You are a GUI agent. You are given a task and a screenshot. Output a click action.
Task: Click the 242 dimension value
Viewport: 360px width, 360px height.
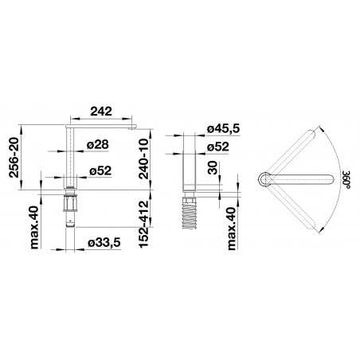(101, 112)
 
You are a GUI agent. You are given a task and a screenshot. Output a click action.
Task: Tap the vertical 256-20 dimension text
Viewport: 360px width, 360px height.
(14, 158)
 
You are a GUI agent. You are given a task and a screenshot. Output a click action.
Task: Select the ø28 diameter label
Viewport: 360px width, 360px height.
(98, 145)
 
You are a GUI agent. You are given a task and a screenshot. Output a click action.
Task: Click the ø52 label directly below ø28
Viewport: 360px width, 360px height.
(100, 170)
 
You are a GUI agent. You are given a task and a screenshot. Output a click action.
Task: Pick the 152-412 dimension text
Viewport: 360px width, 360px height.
(144, 225)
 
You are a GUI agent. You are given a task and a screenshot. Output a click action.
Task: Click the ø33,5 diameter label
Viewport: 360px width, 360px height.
(104, 242)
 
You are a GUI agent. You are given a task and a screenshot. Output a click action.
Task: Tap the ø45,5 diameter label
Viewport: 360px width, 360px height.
(224, 129)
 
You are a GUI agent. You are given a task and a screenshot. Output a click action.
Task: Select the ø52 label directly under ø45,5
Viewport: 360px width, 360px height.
(218, 147)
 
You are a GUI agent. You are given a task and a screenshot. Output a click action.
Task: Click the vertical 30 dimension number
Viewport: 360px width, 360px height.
(213, 168)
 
